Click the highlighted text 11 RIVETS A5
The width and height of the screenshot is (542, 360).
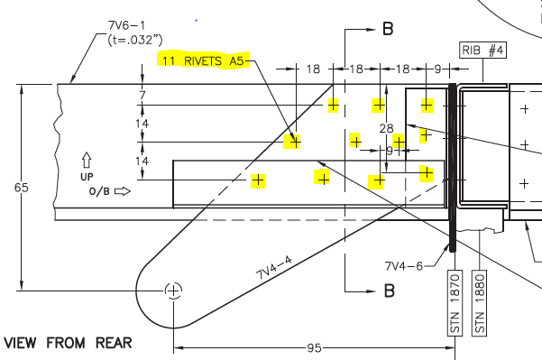pyautogui.click(x=203, y=60)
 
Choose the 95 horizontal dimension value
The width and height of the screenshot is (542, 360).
pyautogui.click(x=315, y=347)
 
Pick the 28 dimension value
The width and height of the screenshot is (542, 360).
pyautogui.click(x=387, y=128)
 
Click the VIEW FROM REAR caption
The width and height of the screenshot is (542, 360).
pyautogui.click(x=68, y=343)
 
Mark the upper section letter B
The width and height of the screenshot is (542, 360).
pyautogui.click(x=389, y=29)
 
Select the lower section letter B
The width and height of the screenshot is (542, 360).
pyautogui.click(x=390, y=291)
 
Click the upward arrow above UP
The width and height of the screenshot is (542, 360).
pyautogui.click(x=87, y=159)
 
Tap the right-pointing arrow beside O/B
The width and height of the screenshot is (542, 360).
pyautogui.click(x=123, y=191)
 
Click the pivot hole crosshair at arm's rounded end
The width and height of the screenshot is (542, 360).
pyautogui.click(x=173, y=290)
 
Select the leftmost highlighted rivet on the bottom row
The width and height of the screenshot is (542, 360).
pyautogui.click(x=258, y=180)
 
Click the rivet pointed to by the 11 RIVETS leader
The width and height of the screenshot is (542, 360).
pyautogui.click(x=293, y=142)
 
